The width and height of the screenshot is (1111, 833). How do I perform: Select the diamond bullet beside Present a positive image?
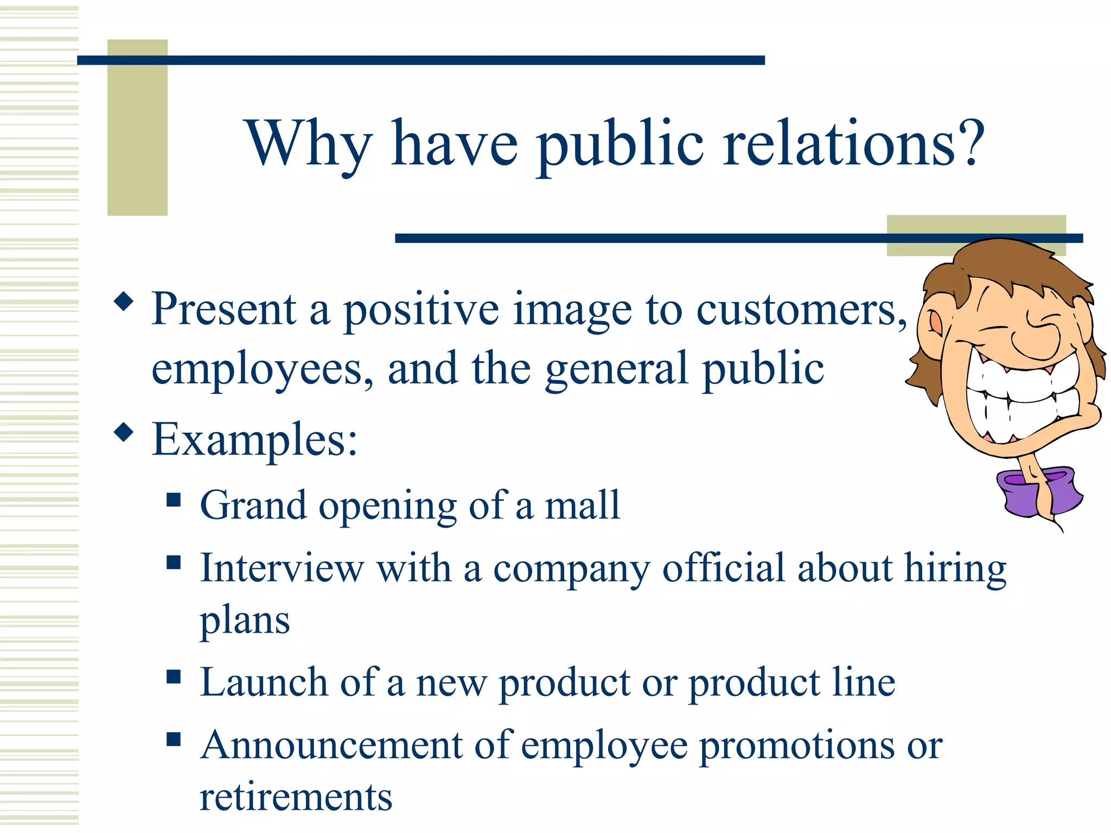coord(124,302)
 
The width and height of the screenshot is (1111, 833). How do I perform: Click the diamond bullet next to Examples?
coord(124,432)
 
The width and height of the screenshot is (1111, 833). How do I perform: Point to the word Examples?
coord(254,439)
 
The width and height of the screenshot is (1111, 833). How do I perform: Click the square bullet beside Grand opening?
coord(174,499)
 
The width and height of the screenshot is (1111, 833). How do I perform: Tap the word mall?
coord(582,505)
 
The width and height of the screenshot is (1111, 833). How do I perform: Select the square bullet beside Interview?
coord(174,562)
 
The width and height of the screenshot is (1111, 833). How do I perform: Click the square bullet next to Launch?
coord(174,676)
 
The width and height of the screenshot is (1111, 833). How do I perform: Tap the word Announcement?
coord(330,745)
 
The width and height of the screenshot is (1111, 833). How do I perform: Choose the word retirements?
coord(296,797)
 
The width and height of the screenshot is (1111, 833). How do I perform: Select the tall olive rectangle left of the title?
coord(137,127)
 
